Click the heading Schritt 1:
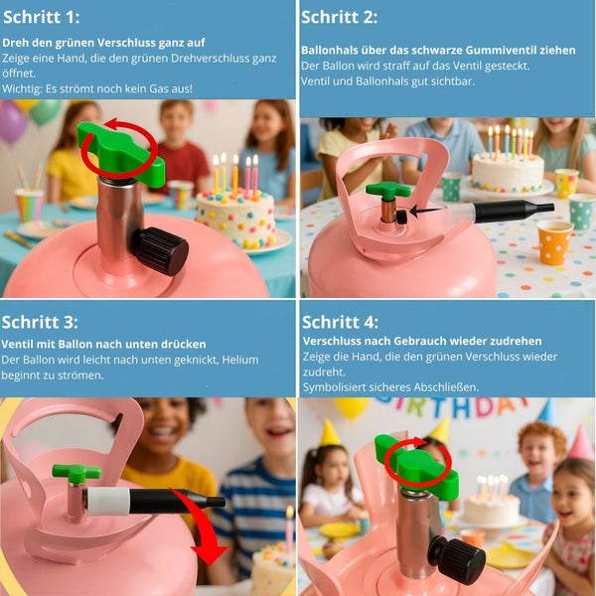tap(42, 17)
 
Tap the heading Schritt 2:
tap(340, 17)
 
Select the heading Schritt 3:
tap(40, 322)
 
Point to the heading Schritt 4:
tap(341, 322)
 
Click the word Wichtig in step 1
tap(22, 89)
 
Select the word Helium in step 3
tap(240, 360)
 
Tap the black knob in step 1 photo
tap(162, 251)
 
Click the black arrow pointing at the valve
tap(425, 211)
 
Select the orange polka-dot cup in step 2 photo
tap(554, 243)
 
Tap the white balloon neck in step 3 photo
tap(108, 502)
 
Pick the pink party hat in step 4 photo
tap(581, 444)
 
